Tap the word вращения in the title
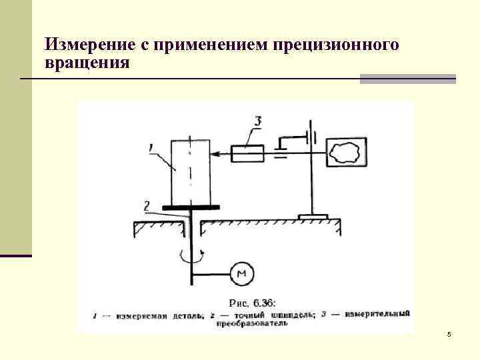pyautogui.click(x=87, y=63)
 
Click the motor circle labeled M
pyautogui.click(x=242, y=272)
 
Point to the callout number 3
pyautogui.click(x=257, y=121)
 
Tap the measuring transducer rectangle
pyautogui.click(x=247, y=154)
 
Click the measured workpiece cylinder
pyautogui.click(x=190, y=172)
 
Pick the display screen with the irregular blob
pyautogui.click(x=346, y=152)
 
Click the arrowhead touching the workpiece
pyautogui.click(x=215, y=154)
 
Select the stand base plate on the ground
pyautogui.click(x=313, y=217)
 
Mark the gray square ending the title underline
pyautogui.click(x=407, y=79)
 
